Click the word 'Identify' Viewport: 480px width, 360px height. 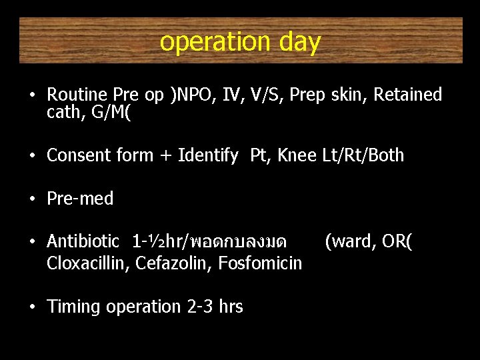pyautogui.click(x=208, y=156)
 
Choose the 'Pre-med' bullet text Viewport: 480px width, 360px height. pyautogui.click(x=80, y=199)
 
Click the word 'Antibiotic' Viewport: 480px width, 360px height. pyautogui.click(x=83, y=241)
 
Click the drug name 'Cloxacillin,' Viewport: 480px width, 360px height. pyautogui.click(x=88, y=263)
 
